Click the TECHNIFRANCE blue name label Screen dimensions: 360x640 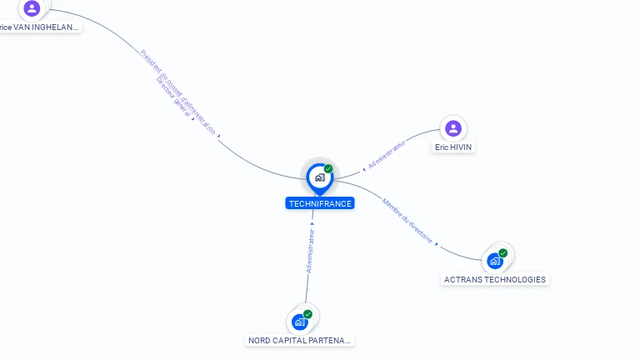(320, 203)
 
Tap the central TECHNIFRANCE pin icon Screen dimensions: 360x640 (319, 177)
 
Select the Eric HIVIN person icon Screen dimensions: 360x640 (453, 128)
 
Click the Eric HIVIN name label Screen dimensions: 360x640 (453, 147)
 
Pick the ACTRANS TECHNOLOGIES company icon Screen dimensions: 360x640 (496, 261)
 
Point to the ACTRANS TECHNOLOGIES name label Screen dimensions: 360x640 (495, 280)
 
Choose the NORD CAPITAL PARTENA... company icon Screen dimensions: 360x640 (300, 322)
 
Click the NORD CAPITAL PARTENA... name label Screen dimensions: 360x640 (301, 341)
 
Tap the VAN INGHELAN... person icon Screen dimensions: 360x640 (32, 8)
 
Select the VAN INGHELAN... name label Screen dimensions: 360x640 (39, 27)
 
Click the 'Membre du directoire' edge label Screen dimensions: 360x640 (407, 218)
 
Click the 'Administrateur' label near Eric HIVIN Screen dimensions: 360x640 (386, 155)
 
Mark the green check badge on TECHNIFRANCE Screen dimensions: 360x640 (328, 168)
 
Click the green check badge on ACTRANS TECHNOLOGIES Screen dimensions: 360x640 (503, 252)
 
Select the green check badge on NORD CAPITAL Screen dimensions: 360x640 (307, 314)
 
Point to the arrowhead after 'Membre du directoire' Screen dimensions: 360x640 (437, 244)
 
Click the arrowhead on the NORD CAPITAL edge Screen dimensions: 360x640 (312, 223)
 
